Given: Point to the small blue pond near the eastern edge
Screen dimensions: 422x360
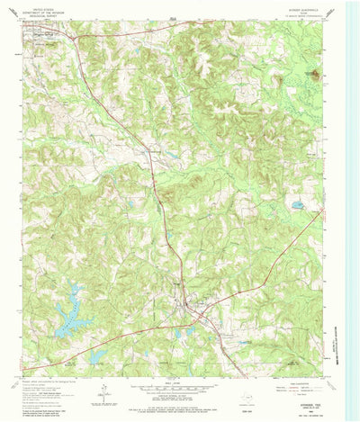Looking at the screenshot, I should [296, 206].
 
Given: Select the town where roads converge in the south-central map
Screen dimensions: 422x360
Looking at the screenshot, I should [193, 310].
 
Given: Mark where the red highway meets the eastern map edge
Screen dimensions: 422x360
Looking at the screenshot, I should [321, 212].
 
